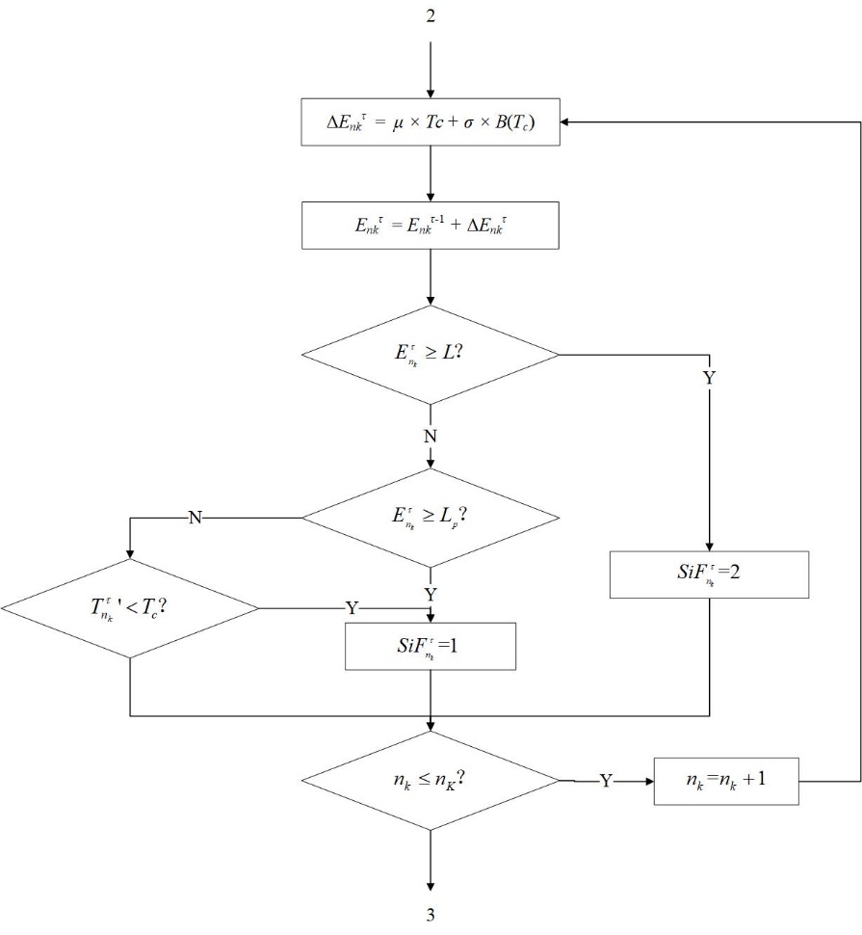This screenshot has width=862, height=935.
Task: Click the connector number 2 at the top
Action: (430, 17)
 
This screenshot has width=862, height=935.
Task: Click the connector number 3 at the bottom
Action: (430, 917)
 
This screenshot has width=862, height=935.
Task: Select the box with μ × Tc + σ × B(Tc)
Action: (430, 122)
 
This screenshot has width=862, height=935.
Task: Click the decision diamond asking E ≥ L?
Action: (430, 355)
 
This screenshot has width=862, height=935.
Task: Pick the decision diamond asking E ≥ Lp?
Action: (430, 518)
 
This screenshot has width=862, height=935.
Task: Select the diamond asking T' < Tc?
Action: (130, 608)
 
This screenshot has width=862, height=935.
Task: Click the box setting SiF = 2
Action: (709, 574)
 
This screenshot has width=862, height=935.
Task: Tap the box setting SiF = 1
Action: (430, 646)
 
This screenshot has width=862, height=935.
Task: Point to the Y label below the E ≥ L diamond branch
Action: (709, 378)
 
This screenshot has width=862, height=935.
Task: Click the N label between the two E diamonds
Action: (430, 436)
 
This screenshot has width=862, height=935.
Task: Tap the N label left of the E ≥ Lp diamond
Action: (195, 518)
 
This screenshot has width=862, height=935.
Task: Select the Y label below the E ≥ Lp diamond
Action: (430, 593)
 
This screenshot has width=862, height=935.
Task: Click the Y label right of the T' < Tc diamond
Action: (352, 608)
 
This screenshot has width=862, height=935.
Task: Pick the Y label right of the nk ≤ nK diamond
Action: (606, 780)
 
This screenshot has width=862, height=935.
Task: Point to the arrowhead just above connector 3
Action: (430, 888)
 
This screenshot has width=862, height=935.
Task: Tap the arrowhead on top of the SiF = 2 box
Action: (709, 545)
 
